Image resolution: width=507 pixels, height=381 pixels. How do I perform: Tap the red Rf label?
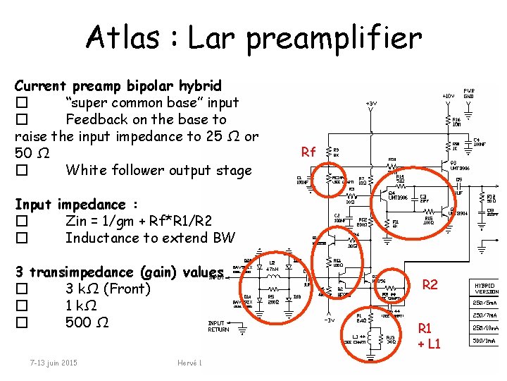pyautogui.click(x=308, y=152)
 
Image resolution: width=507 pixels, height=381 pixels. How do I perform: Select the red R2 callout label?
pyautogui.click(x=430, y=285)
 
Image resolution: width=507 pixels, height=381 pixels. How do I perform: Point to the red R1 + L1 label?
pyautogui.click(x=429, y=336)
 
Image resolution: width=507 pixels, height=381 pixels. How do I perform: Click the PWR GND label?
pyautogui.click(x=469, y=92)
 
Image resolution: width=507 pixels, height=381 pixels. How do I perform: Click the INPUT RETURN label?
pyautogui.click(x=218, y=327)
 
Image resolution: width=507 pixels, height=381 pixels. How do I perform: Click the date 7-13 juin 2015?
pyautogui.click(x=54, y=363)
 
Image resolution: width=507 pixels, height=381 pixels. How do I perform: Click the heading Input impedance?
pyautogui.click(x=75, y=205)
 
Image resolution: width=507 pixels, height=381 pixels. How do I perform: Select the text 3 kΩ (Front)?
pyautogui.click(x=108, y=289)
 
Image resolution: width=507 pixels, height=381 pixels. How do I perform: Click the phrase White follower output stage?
pyautogui.click(x=158, y=170)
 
